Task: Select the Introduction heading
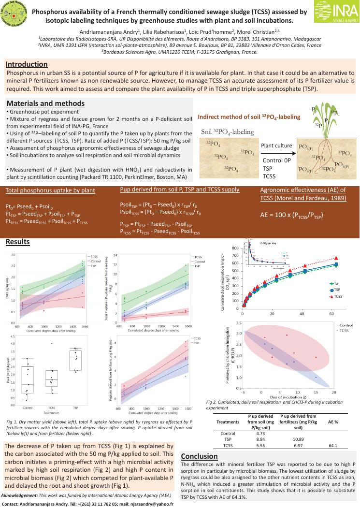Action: coord(27,64)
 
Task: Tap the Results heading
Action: coord(17,242)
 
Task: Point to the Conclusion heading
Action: coord(199,456)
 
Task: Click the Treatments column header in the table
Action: coord(228,422)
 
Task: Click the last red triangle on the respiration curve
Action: coord(336,258)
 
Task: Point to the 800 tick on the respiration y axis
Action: coord(235,248)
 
